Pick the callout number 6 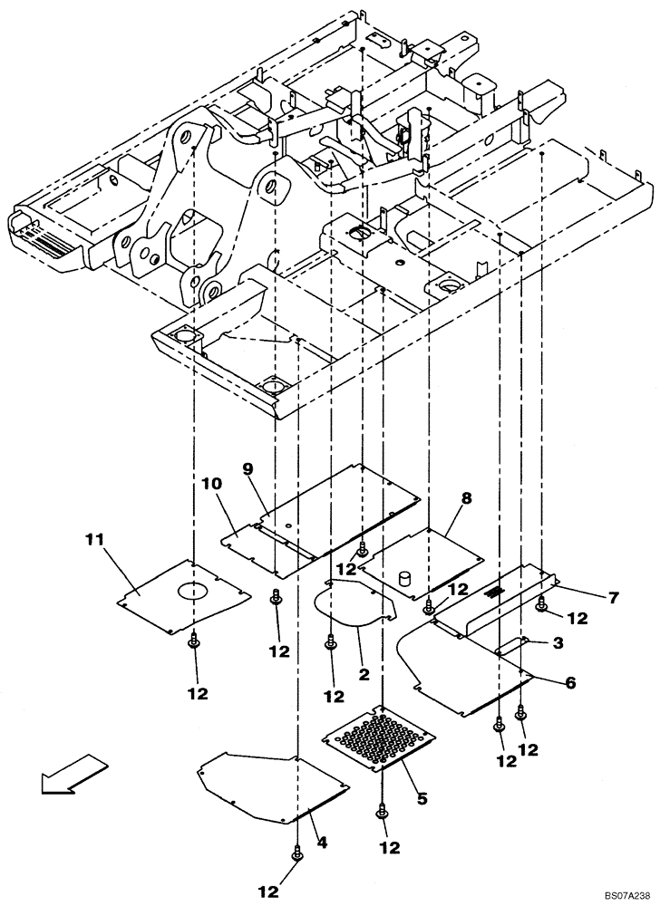(569, 684)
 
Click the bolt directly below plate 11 (194, 641)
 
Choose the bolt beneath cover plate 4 (296, 853)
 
